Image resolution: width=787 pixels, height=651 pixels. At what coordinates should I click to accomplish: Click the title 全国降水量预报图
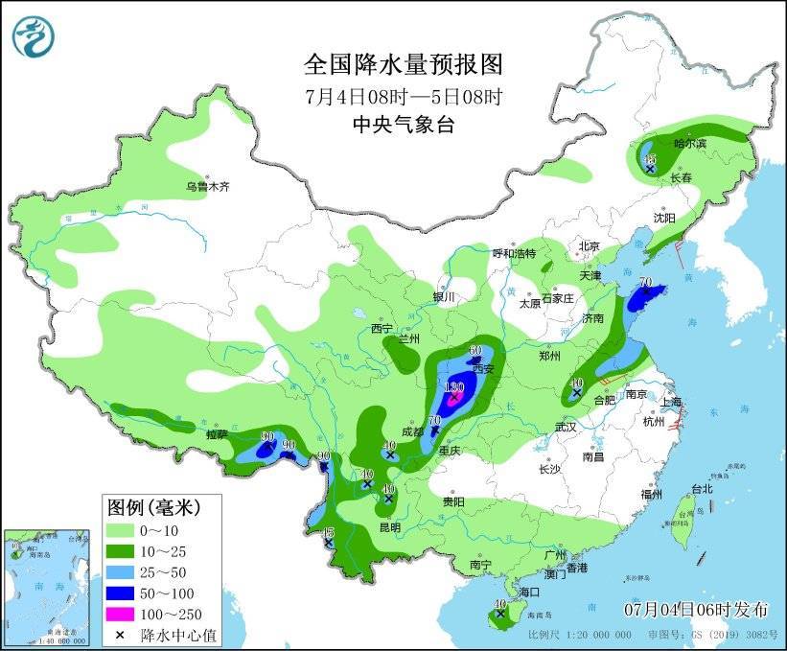[x=403, y=64]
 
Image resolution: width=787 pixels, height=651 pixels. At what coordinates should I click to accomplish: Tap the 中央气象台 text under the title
[x=403, y=124]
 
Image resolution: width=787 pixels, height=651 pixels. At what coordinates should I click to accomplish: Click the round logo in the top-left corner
[x=34, y=35]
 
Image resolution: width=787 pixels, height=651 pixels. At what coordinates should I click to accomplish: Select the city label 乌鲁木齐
[x=208, y=186]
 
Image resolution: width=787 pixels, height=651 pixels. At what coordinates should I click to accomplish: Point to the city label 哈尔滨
[x=689, y=143]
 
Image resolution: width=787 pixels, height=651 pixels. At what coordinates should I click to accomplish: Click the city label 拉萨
[x=217, y=434]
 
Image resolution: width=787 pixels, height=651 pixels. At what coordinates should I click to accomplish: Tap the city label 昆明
[x=390, y=526]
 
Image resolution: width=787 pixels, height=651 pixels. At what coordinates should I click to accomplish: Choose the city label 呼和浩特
[x=514, y=253]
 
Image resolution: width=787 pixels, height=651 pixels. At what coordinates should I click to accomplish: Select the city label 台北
[x=701, y=488]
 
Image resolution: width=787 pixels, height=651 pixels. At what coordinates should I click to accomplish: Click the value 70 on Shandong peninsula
[x=645, y=284]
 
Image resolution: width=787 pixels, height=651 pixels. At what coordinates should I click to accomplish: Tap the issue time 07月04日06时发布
[x=696, y=609]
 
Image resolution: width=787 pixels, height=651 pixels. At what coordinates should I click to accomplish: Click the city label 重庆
[x=451, y=450]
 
